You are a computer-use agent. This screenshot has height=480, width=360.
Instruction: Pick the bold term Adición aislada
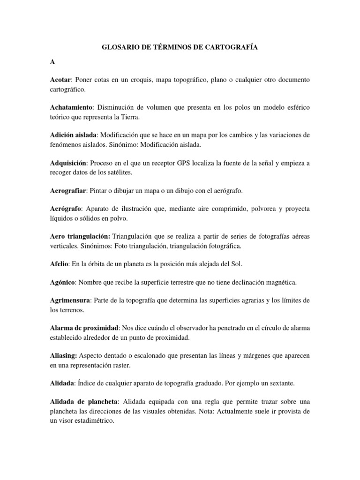(x=74, y=135)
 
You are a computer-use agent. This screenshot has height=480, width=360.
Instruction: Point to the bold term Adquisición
(x=68, y=163)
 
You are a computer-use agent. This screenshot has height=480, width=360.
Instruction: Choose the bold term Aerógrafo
(x=66, y=209)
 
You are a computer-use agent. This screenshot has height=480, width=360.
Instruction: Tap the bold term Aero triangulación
(x=79, y=237)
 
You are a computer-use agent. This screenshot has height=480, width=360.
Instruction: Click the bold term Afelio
(x=59, y=264)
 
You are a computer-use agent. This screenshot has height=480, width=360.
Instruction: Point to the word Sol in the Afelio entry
(x=236, y=264)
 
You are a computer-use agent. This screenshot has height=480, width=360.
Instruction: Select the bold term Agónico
(x=63, y=283)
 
